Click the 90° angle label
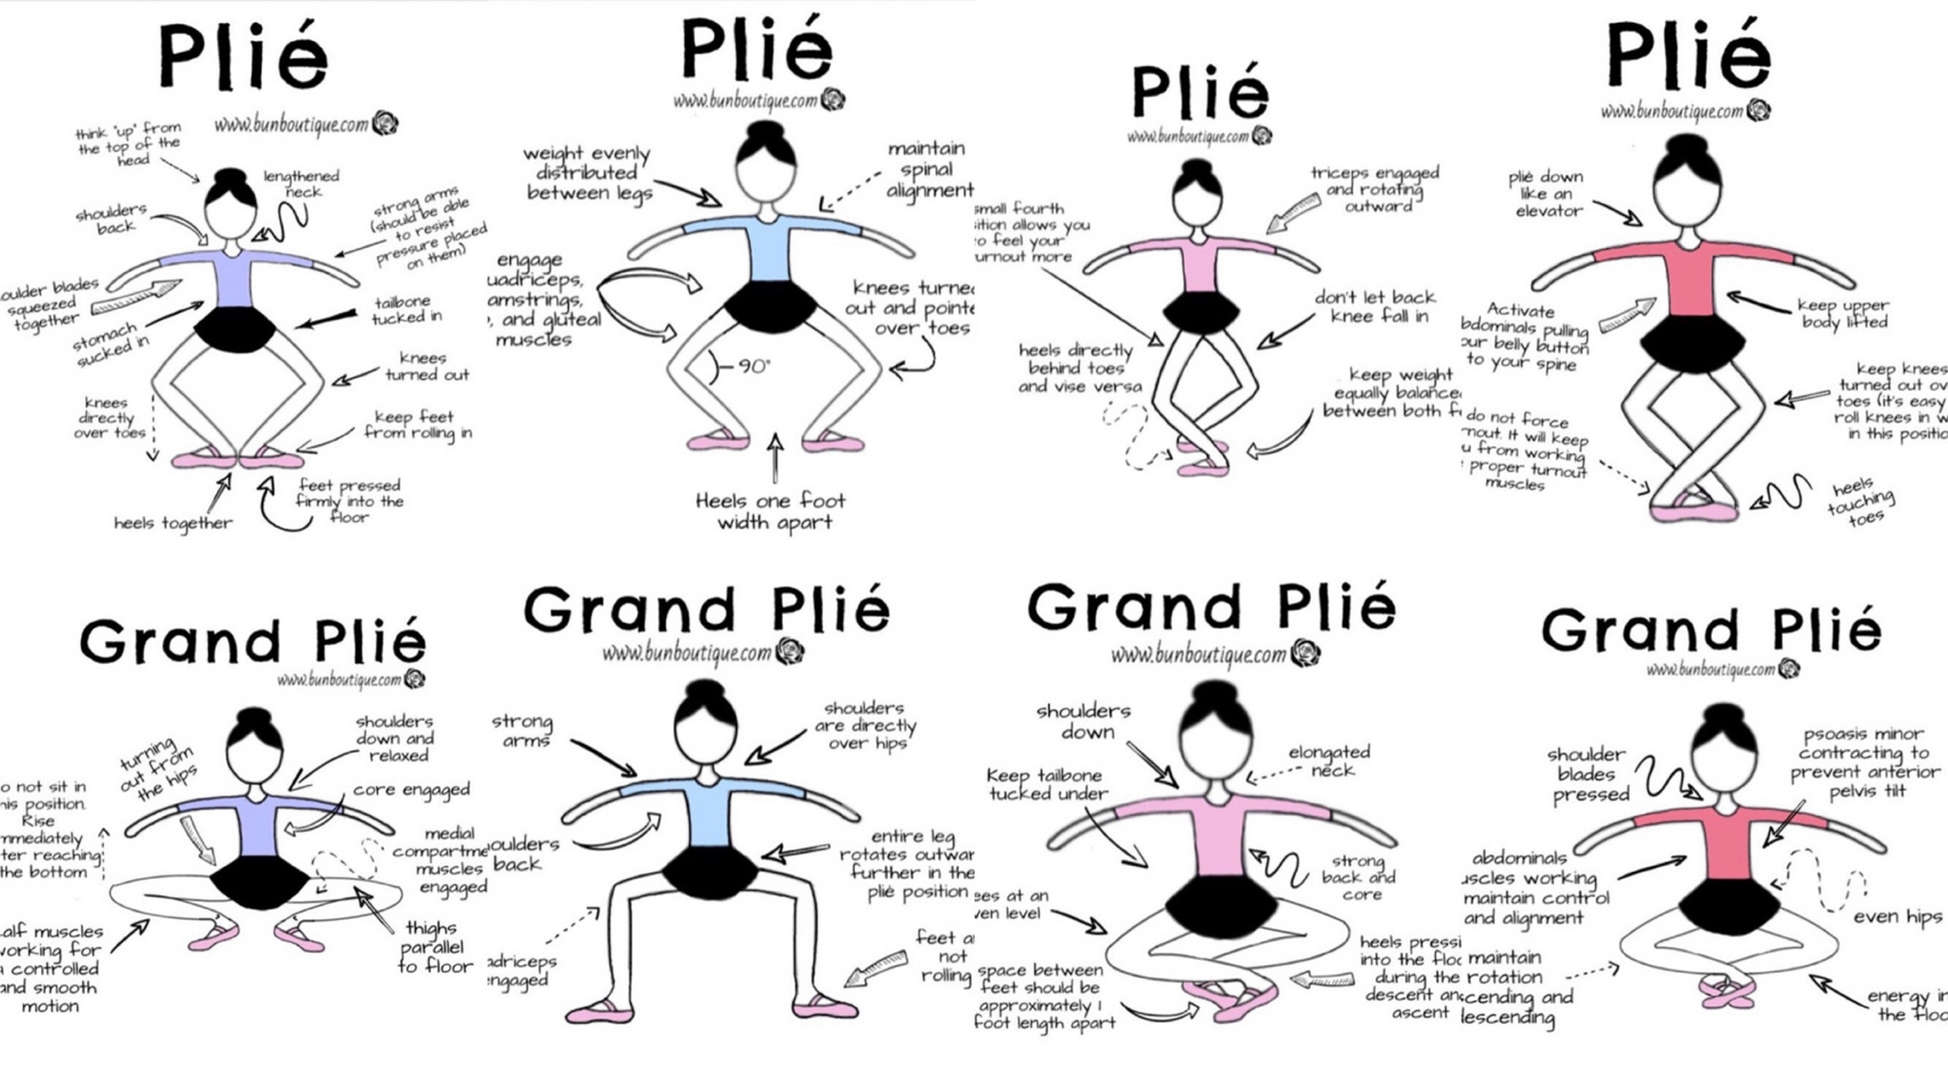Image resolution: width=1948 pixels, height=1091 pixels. [x=754, y=367]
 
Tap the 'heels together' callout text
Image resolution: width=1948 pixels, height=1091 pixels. [x=173, y=523]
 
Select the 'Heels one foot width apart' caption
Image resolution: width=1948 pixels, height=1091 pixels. [x=772, y=511]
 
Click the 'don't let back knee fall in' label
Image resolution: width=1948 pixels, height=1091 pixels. [x=1374, y=307]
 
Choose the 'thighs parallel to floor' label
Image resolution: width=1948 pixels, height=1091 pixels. [x=433, y=947]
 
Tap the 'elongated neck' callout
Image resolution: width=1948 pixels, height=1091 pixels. [x=1329, y=761]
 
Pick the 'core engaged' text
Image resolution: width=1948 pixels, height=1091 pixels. [x=411, y=790]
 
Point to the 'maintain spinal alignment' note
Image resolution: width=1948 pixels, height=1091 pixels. [x=928, y=170]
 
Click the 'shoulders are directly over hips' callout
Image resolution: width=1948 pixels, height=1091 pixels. [x=864, y=725]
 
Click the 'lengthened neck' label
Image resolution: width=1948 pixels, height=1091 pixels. [x=301, y=184]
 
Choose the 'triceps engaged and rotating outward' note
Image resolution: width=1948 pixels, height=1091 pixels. [x=1375, y=189]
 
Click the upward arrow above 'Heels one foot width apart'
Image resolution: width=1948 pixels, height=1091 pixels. [x=775, y=456]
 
